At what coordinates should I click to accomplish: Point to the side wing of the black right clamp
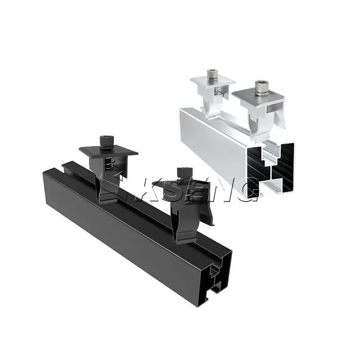coord(209,211)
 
